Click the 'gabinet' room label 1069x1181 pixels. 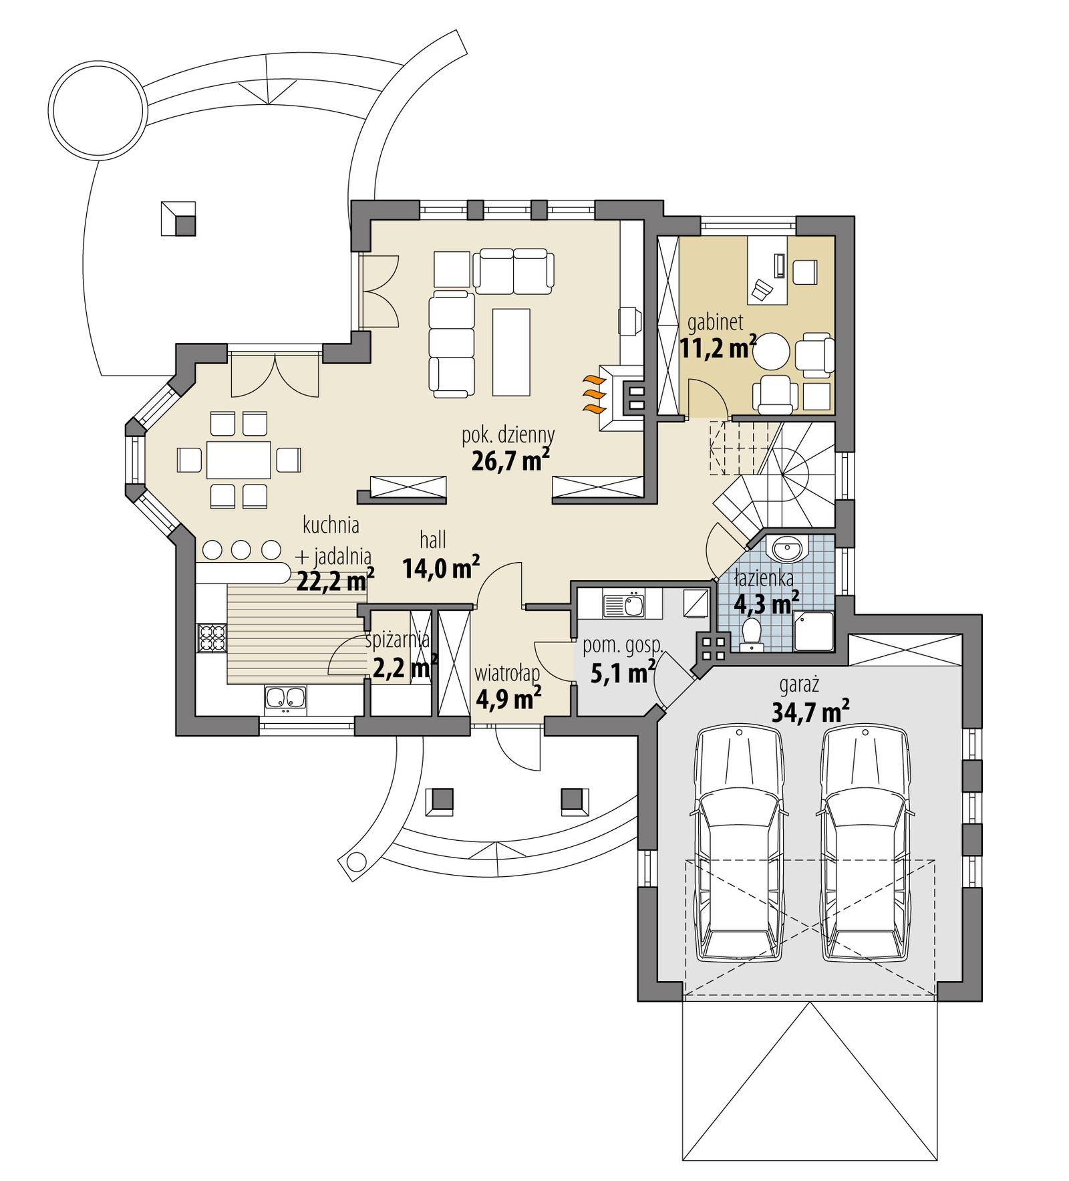715,323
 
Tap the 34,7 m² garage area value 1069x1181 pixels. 810,712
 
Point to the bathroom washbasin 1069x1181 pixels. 787,551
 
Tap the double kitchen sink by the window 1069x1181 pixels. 286,698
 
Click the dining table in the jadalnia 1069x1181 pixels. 239,458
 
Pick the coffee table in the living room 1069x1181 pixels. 511,352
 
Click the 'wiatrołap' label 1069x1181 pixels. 506,672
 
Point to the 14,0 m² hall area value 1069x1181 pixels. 441,569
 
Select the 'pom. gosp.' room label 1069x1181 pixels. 622,646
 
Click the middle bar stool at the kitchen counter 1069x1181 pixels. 241,550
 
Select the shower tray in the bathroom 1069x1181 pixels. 813,631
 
